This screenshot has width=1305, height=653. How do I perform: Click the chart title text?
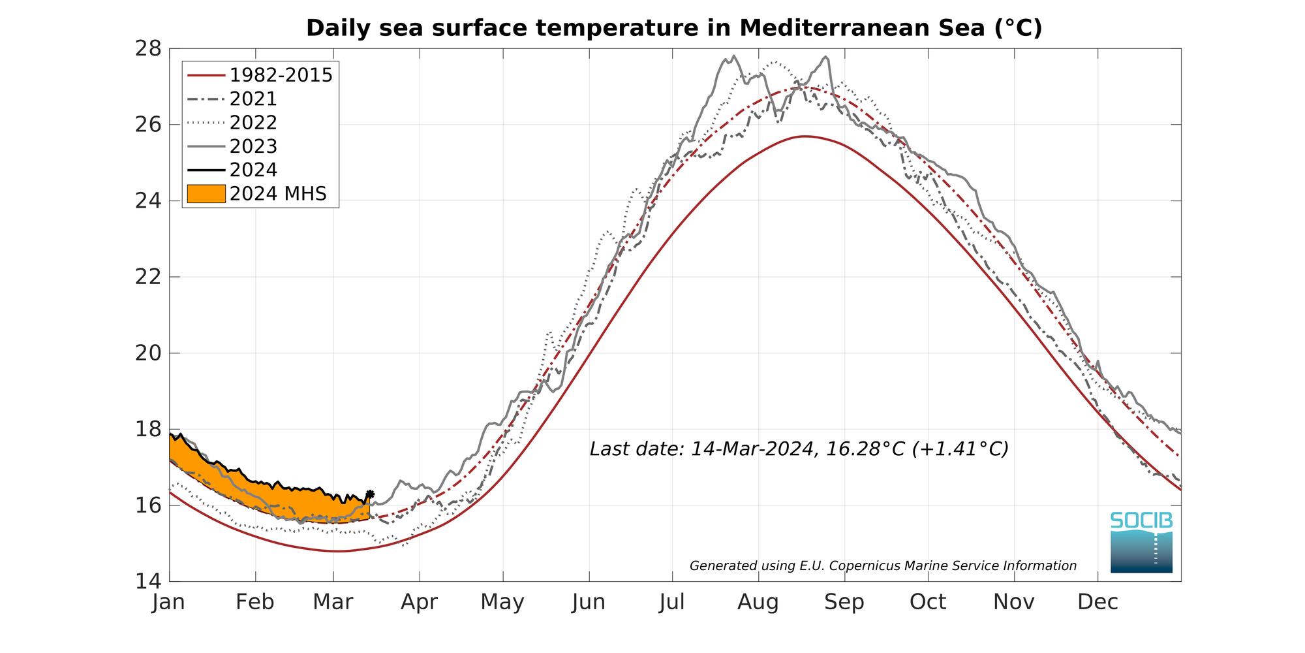[674, 28]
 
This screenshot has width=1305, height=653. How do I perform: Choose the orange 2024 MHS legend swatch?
[206, 194]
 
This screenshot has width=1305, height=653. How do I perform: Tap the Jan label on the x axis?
[169, 602]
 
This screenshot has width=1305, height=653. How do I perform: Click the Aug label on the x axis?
[758, 602]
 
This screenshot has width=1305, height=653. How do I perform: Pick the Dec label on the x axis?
[1098, 602]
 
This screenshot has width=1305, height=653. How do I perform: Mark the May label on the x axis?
[502, 602]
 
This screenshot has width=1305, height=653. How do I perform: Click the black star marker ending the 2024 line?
[370, 494]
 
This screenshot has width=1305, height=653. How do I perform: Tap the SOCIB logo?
[1141, 542]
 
